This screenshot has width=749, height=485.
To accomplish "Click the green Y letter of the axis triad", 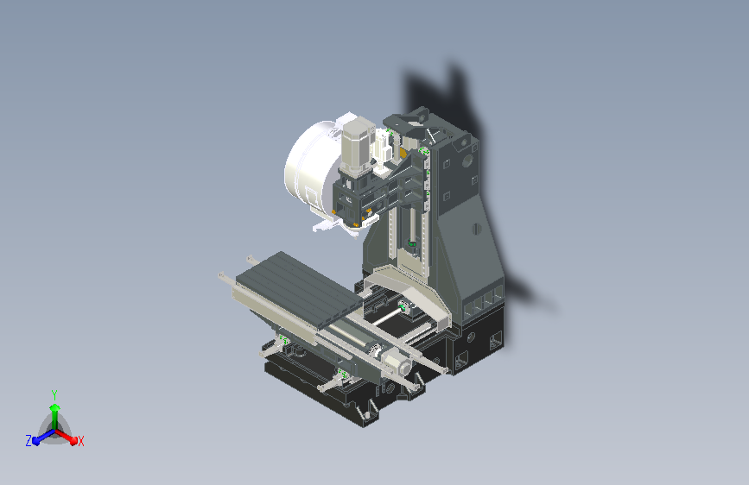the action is pyautogui.click(x=54, y=395).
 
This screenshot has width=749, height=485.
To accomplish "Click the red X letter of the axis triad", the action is pyautogui.click(x=80, y=441).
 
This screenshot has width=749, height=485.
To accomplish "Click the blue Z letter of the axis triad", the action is pyautogui.click(x=29, y=441).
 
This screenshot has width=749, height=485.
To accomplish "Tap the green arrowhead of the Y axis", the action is pyautogui.click(x=55, y=407).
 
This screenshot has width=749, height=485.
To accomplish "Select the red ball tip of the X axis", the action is pyautogui.click(x=73, y=441).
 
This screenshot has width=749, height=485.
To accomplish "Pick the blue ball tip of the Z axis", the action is pyautogui.click(x=36, y=441).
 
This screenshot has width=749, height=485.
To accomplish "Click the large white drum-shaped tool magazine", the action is pyautogui.click(x=309, y=167).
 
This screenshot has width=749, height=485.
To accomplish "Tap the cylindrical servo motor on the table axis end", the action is pyautogui.click(x=399, y=364).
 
